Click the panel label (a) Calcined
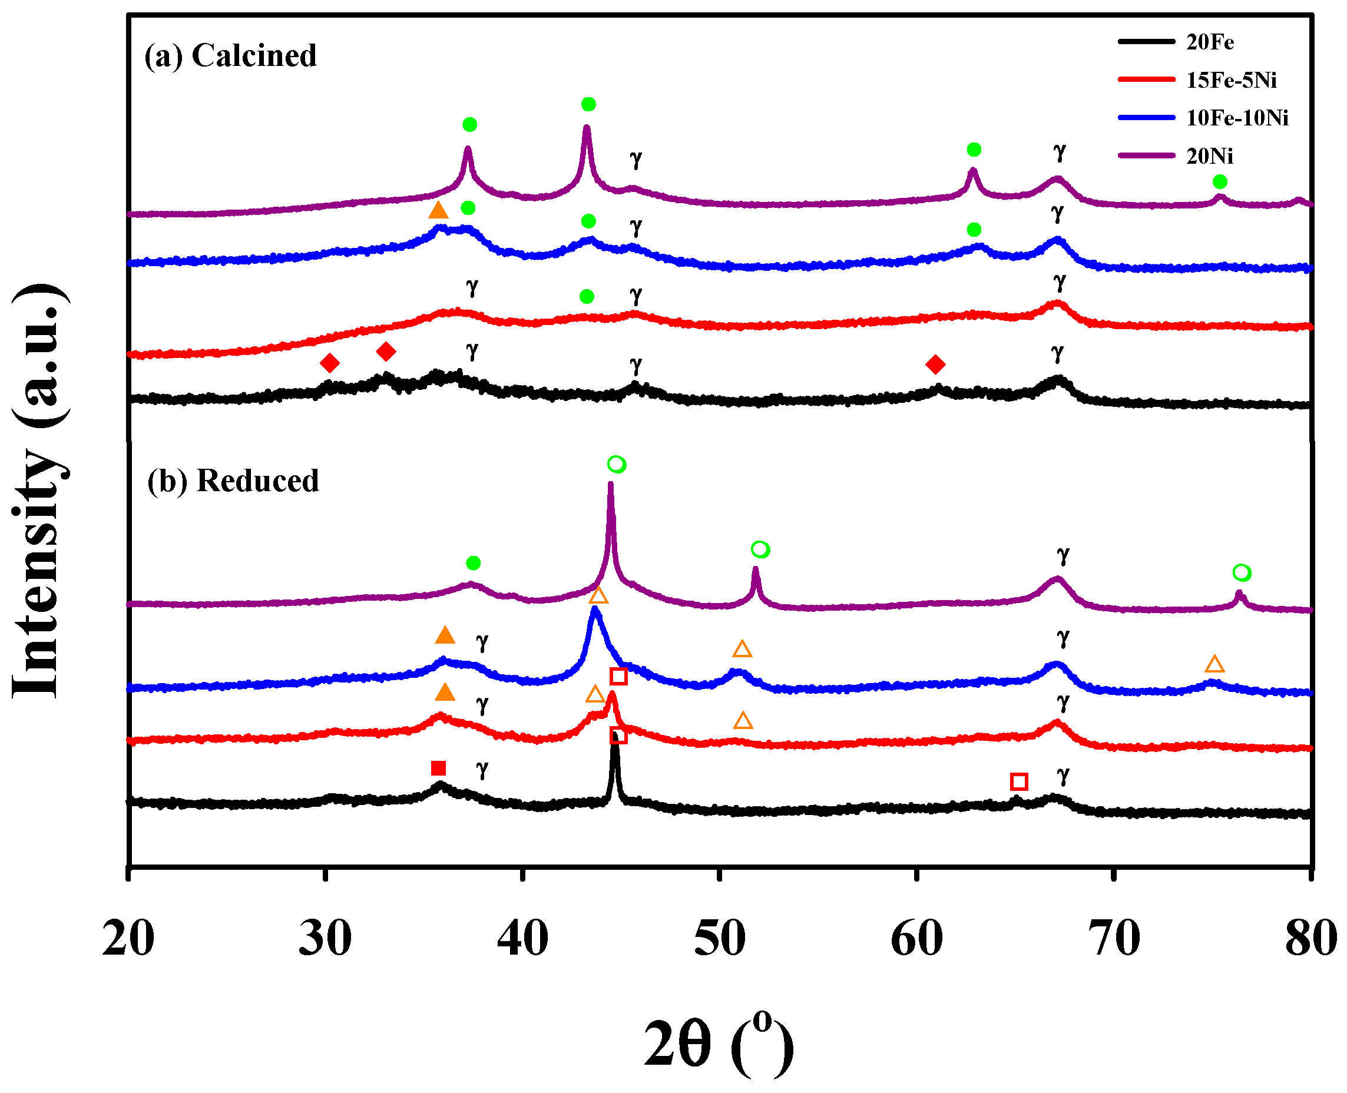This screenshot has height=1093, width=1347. point(230,55)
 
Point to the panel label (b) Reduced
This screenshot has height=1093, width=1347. point(233,481)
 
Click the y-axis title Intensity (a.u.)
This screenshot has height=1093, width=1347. point(39,491)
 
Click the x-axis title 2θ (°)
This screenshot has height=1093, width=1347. point(718,1045)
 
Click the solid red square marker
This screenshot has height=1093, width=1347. point(438,768)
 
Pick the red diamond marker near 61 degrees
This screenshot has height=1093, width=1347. point(935,364)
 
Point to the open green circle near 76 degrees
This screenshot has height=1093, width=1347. point(1241,572)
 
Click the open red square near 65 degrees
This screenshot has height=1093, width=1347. point(1019,782)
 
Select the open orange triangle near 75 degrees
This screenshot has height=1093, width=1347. point(1214,664)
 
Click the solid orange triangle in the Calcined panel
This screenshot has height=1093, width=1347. point(438,210)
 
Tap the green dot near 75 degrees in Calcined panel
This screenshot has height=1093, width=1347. point(1220,182)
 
